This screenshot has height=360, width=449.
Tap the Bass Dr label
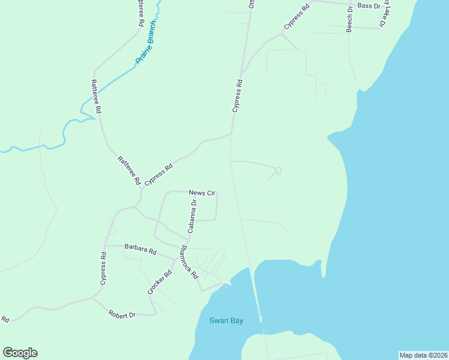[369, 5]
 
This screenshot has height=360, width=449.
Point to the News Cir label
[202, 193]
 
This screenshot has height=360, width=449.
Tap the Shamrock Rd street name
[189, 262]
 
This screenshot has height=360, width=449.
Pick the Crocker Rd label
[160, 282]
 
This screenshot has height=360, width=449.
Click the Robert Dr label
[122, 314]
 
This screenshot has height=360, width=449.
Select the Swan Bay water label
[226, 320]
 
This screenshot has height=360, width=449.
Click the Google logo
[20, 353]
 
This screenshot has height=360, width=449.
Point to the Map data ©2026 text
[423, 355]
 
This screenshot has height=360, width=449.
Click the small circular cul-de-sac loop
[278, 170]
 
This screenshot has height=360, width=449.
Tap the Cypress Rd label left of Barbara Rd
[103, 268]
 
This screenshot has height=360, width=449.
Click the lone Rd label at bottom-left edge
[5, 319]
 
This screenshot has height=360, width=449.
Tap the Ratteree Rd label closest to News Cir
[129, 170]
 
